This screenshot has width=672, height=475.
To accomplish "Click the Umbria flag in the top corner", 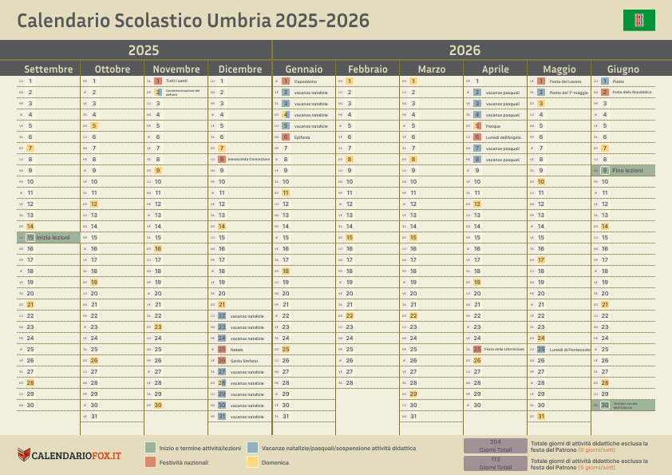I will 638,20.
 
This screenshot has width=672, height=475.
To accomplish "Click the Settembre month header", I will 49,69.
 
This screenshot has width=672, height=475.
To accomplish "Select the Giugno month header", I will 623,69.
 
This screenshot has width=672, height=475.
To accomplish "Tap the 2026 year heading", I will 464,50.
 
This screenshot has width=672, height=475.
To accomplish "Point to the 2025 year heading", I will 144,50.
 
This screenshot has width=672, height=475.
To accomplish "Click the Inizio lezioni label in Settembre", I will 53,238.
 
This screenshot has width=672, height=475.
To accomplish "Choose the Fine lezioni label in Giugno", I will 627,171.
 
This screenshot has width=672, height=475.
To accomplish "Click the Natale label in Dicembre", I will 236,350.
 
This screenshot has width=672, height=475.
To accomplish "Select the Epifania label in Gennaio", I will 302,137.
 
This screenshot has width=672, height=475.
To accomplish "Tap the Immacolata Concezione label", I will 248,160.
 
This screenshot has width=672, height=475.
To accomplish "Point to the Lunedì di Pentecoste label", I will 570,350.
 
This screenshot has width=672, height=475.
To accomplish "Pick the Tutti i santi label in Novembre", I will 177,81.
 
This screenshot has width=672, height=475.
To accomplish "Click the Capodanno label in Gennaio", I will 305,81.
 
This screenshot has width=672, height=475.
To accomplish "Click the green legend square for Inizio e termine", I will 150,448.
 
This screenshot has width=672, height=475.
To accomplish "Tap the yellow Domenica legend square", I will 253,461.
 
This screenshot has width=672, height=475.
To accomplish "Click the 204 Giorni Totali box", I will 495,445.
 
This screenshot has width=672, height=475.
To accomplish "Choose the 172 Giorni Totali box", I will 495,464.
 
